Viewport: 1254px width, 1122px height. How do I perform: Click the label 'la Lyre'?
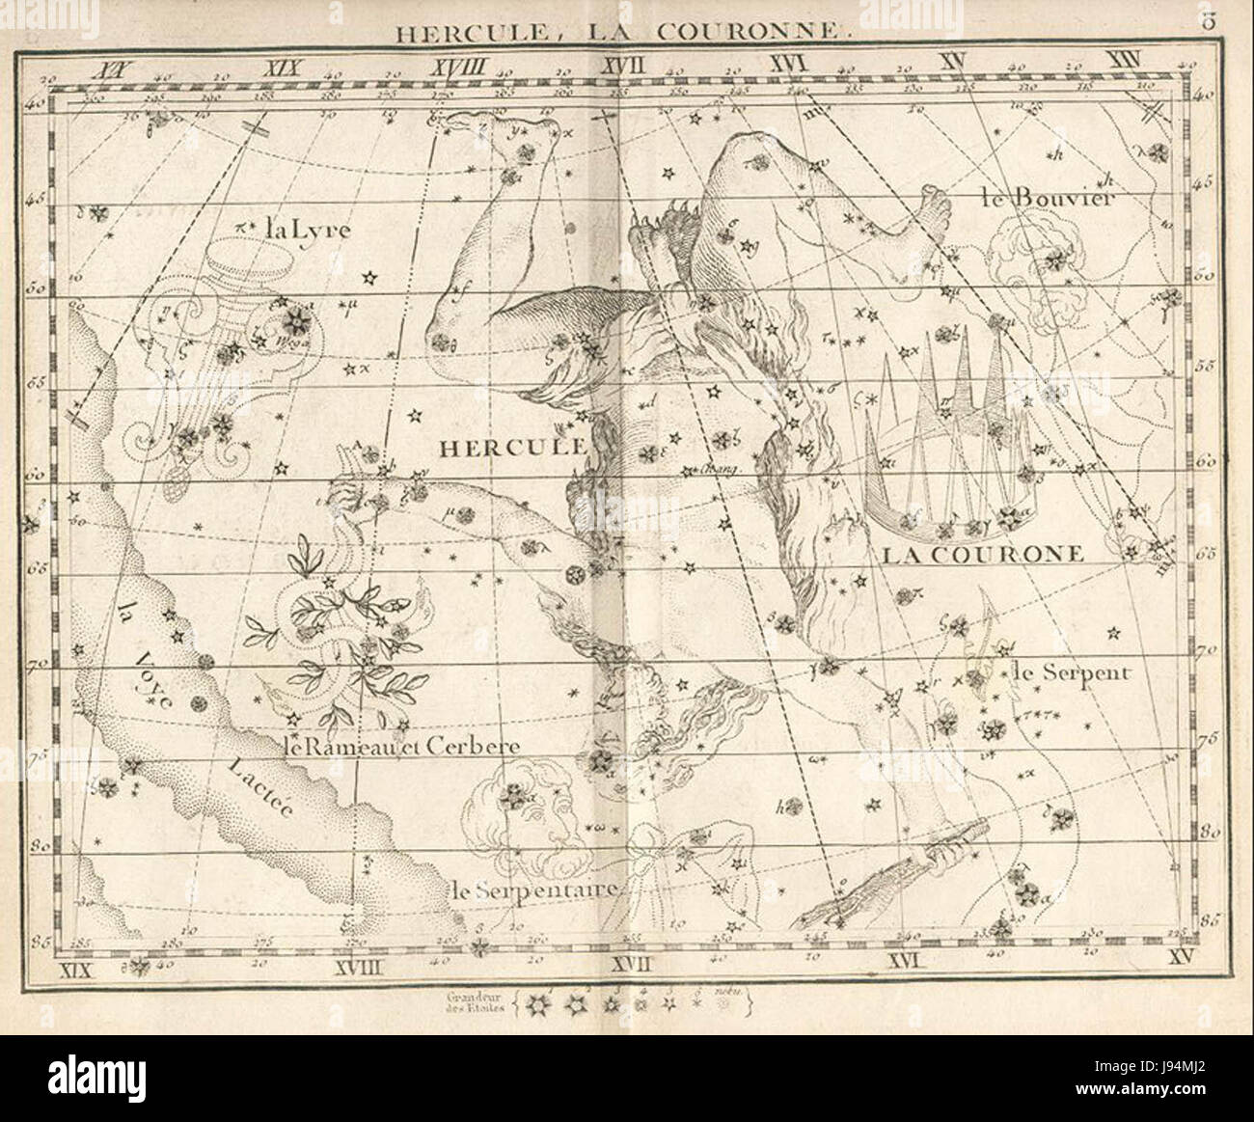click(308, 230)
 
